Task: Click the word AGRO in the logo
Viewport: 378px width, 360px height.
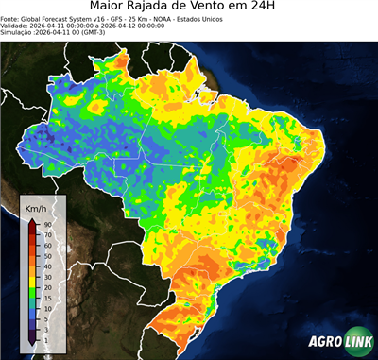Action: [323, 344]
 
